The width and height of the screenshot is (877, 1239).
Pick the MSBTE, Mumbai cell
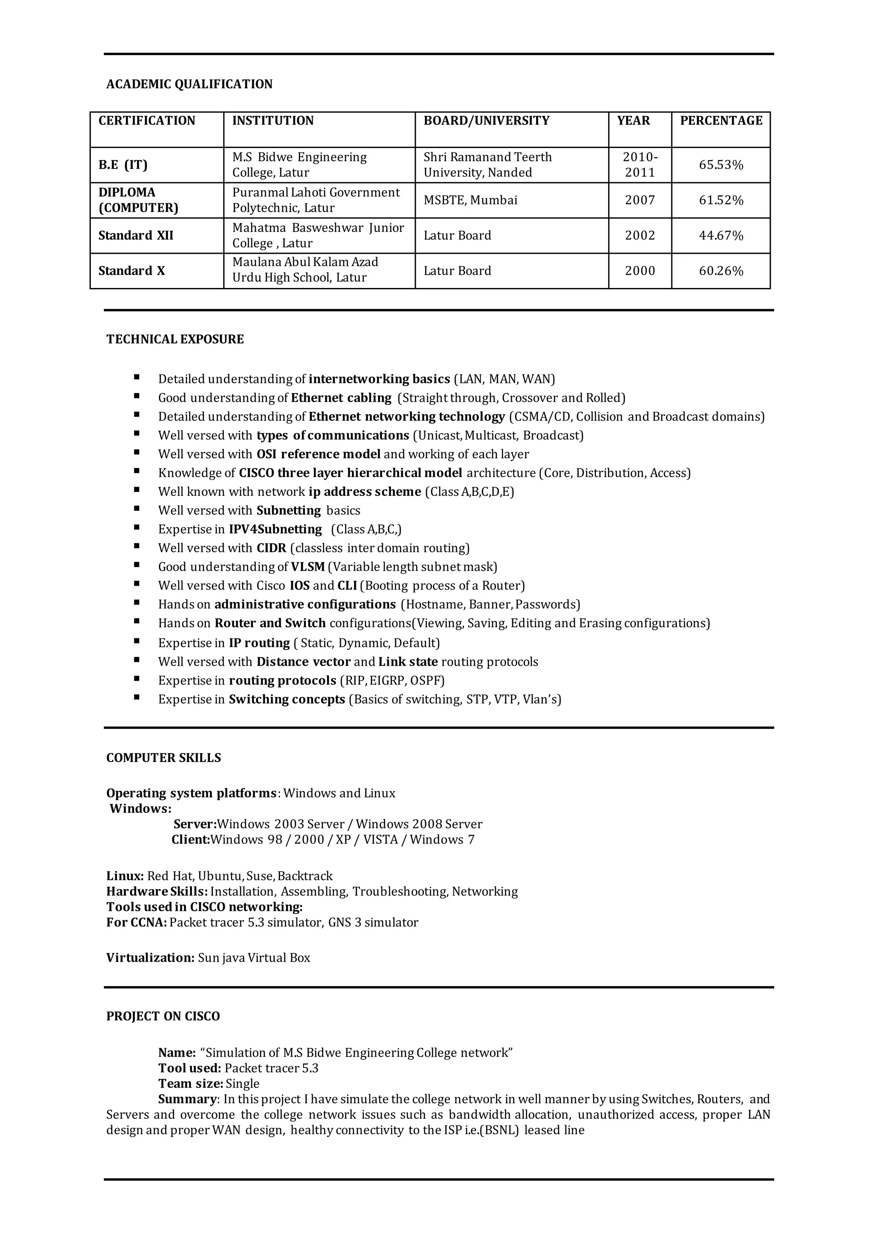point(470,200)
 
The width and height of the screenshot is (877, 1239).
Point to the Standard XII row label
point(136,235)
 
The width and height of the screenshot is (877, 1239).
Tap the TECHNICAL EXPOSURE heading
point(175,339)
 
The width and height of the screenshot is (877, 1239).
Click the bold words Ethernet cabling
point(341,398)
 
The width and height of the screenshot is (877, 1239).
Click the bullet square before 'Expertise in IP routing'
point(137,642)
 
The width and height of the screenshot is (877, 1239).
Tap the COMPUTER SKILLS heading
point(164,758)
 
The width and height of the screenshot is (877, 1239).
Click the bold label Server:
point(195,824)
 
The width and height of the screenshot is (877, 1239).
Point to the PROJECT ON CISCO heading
point(163,1016)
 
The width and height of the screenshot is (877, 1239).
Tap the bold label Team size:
point(191,1084)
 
